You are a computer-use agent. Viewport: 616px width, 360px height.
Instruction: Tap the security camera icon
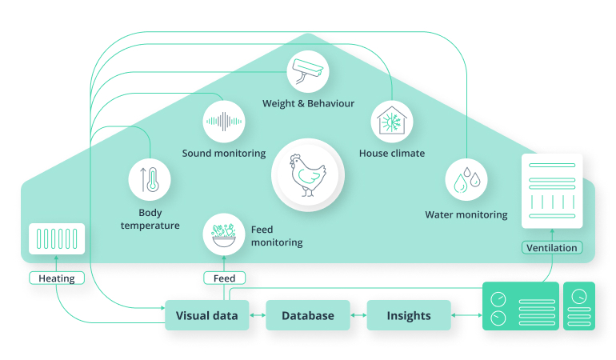(x=308, y=70)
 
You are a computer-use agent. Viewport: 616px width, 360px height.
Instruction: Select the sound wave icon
(x=223, y=122)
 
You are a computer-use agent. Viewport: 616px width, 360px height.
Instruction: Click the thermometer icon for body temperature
(x=150, y=178)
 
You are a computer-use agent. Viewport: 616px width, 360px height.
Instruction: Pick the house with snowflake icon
(x=392, y=122)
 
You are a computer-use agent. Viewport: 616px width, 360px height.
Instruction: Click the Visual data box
(x=206, y=315)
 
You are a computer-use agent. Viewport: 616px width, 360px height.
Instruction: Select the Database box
(x=308, y=315)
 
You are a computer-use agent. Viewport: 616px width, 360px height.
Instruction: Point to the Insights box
(x=409, y=315)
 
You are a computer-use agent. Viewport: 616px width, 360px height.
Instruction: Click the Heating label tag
(x=57, y=278)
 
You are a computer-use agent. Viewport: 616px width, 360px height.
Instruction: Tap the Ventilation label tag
(x=552, y=247)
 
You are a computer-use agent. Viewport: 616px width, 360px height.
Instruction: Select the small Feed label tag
(x=224, y=278)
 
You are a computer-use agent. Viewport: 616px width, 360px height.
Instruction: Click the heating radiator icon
(x=57, y=239)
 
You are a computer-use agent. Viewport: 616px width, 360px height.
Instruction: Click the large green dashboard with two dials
(x=520, y=306)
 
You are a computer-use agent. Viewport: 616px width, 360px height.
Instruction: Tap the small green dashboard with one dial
(x=579, y=306)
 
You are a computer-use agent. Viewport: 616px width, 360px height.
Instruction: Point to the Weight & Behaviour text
(x=308, y=103)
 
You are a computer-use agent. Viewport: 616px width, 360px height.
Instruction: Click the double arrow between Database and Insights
(x=358, y=316)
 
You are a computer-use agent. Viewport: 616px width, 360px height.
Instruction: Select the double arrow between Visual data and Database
(x=257, y=316)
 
